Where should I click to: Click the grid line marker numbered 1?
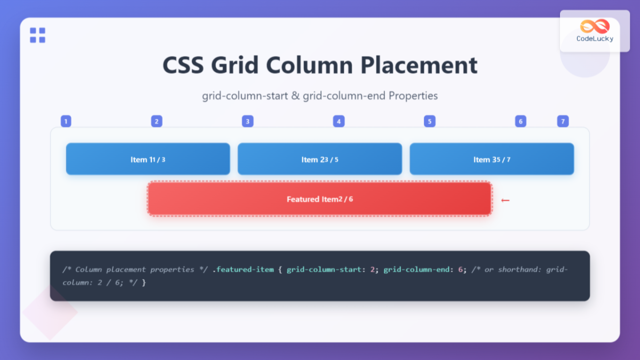66,122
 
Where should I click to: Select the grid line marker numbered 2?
157,122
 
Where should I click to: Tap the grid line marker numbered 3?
247,122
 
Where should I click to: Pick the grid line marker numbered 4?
339,122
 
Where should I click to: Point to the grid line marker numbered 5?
429,122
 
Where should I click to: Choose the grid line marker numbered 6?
521,122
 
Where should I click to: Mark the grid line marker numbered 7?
563,122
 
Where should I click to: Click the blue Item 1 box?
148,159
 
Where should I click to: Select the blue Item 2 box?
319,159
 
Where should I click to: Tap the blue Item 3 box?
492,159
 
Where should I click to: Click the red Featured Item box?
319,199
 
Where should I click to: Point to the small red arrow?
505,201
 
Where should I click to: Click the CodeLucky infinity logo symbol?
595,26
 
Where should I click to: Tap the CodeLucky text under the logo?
595,39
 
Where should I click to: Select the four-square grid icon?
37,35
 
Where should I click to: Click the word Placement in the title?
419,65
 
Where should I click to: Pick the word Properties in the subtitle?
413,95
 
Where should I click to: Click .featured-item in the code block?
243,269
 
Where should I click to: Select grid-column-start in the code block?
324,269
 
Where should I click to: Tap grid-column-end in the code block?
417,269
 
